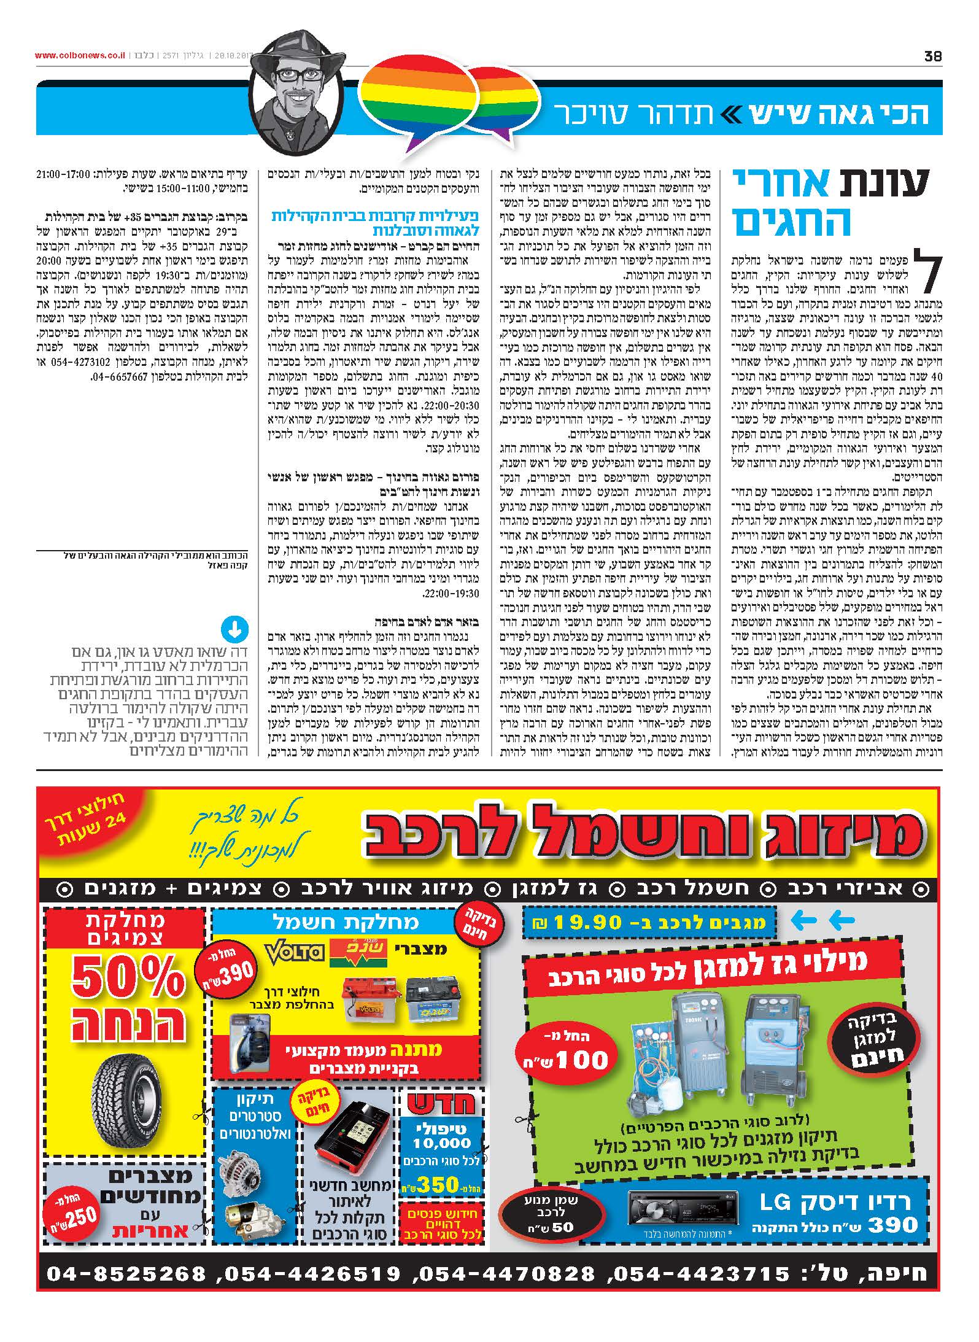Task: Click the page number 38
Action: (932, 56)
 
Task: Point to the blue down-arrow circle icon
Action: (234, 630)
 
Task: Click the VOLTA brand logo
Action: (294, 952)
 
